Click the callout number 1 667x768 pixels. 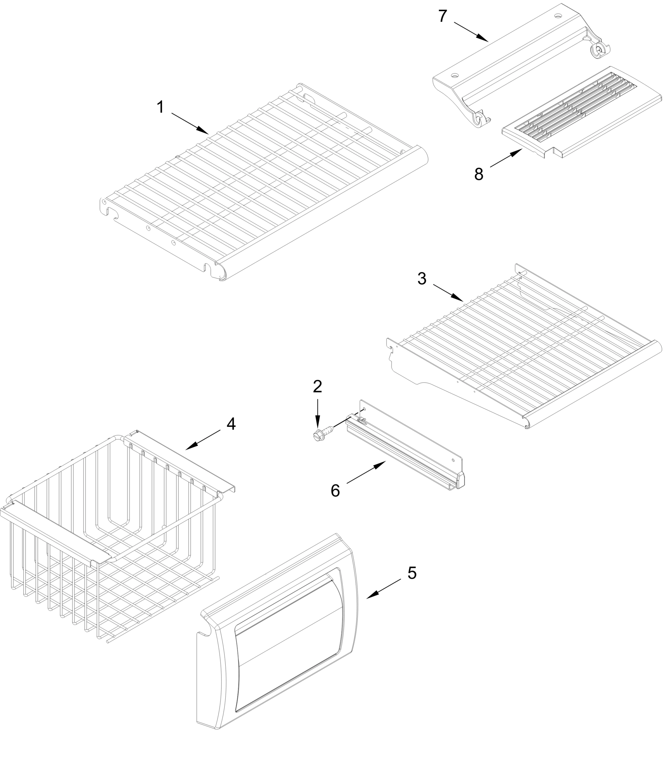[x=160, y=108]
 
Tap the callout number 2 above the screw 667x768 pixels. [x=317, y=387]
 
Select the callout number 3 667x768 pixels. [x=422, y=279]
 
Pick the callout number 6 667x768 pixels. [x=335, y=491]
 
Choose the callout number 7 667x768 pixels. [x=443, y=16]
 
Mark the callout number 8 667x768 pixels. [x=479, y=174]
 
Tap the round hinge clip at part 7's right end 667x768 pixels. [x=600, y=50]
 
